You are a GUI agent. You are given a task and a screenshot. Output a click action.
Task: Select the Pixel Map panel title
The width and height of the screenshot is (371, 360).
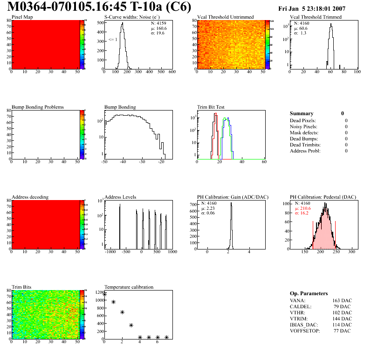coord(22,17)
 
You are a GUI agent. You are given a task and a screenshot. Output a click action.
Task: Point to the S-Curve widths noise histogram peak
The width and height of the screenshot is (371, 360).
coord(122,24)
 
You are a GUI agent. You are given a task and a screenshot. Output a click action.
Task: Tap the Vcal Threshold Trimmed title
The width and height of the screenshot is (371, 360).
coord(315,17)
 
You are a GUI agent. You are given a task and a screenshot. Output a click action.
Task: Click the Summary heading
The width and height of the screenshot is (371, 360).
coord(302,113)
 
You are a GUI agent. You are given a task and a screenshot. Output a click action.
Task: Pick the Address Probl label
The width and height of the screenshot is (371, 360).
coord(305,151)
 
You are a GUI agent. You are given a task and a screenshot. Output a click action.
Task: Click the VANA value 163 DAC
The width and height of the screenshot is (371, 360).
coord(342,300)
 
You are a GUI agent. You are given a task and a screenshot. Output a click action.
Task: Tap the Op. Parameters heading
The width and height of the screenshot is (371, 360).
coord(309,293)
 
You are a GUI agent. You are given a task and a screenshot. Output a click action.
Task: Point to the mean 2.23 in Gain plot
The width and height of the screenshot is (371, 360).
coord(209,208)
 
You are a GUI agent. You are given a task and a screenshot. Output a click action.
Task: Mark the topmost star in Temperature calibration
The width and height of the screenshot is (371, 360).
coord(105,294)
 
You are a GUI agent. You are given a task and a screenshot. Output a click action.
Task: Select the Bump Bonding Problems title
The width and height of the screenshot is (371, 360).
coord(38,107)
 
